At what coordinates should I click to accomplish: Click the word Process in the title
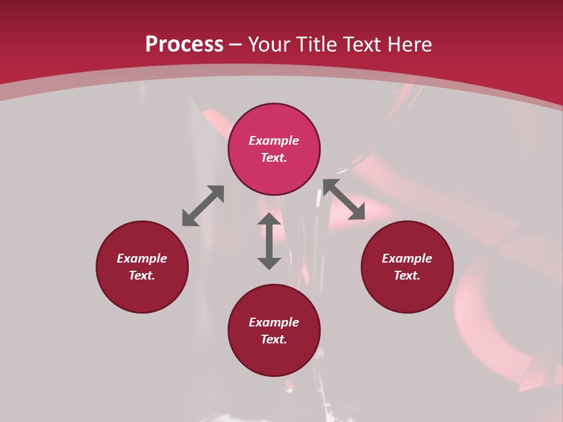(x=184, y=45)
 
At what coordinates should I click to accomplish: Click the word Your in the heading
(x=272, y=45)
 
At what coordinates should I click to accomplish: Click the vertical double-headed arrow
(x=269, y=241)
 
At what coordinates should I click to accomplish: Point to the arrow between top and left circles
(x=203, y=205)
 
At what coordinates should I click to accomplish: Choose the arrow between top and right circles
(x=344, y=199)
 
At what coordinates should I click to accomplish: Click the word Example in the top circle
(x=274, y=141)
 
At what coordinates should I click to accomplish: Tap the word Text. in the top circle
(x=274, y=158)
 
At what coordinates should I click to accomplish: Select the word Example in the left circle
(x=142, y=258)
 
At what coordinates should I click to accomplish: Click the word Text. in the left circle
(x=142, y=275)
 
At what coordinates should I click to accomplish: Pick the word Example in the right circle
(x=407, y=258)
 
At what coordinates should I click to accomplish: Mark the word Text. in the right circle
(x=407, y=275)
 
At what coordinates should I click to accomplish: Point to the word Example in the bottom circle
(x=274, y=322)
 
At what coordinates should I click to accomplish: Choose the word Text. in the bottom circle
(x=274, y=339)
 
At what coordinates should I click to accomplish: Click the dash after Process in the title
(x=236, y=45)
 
